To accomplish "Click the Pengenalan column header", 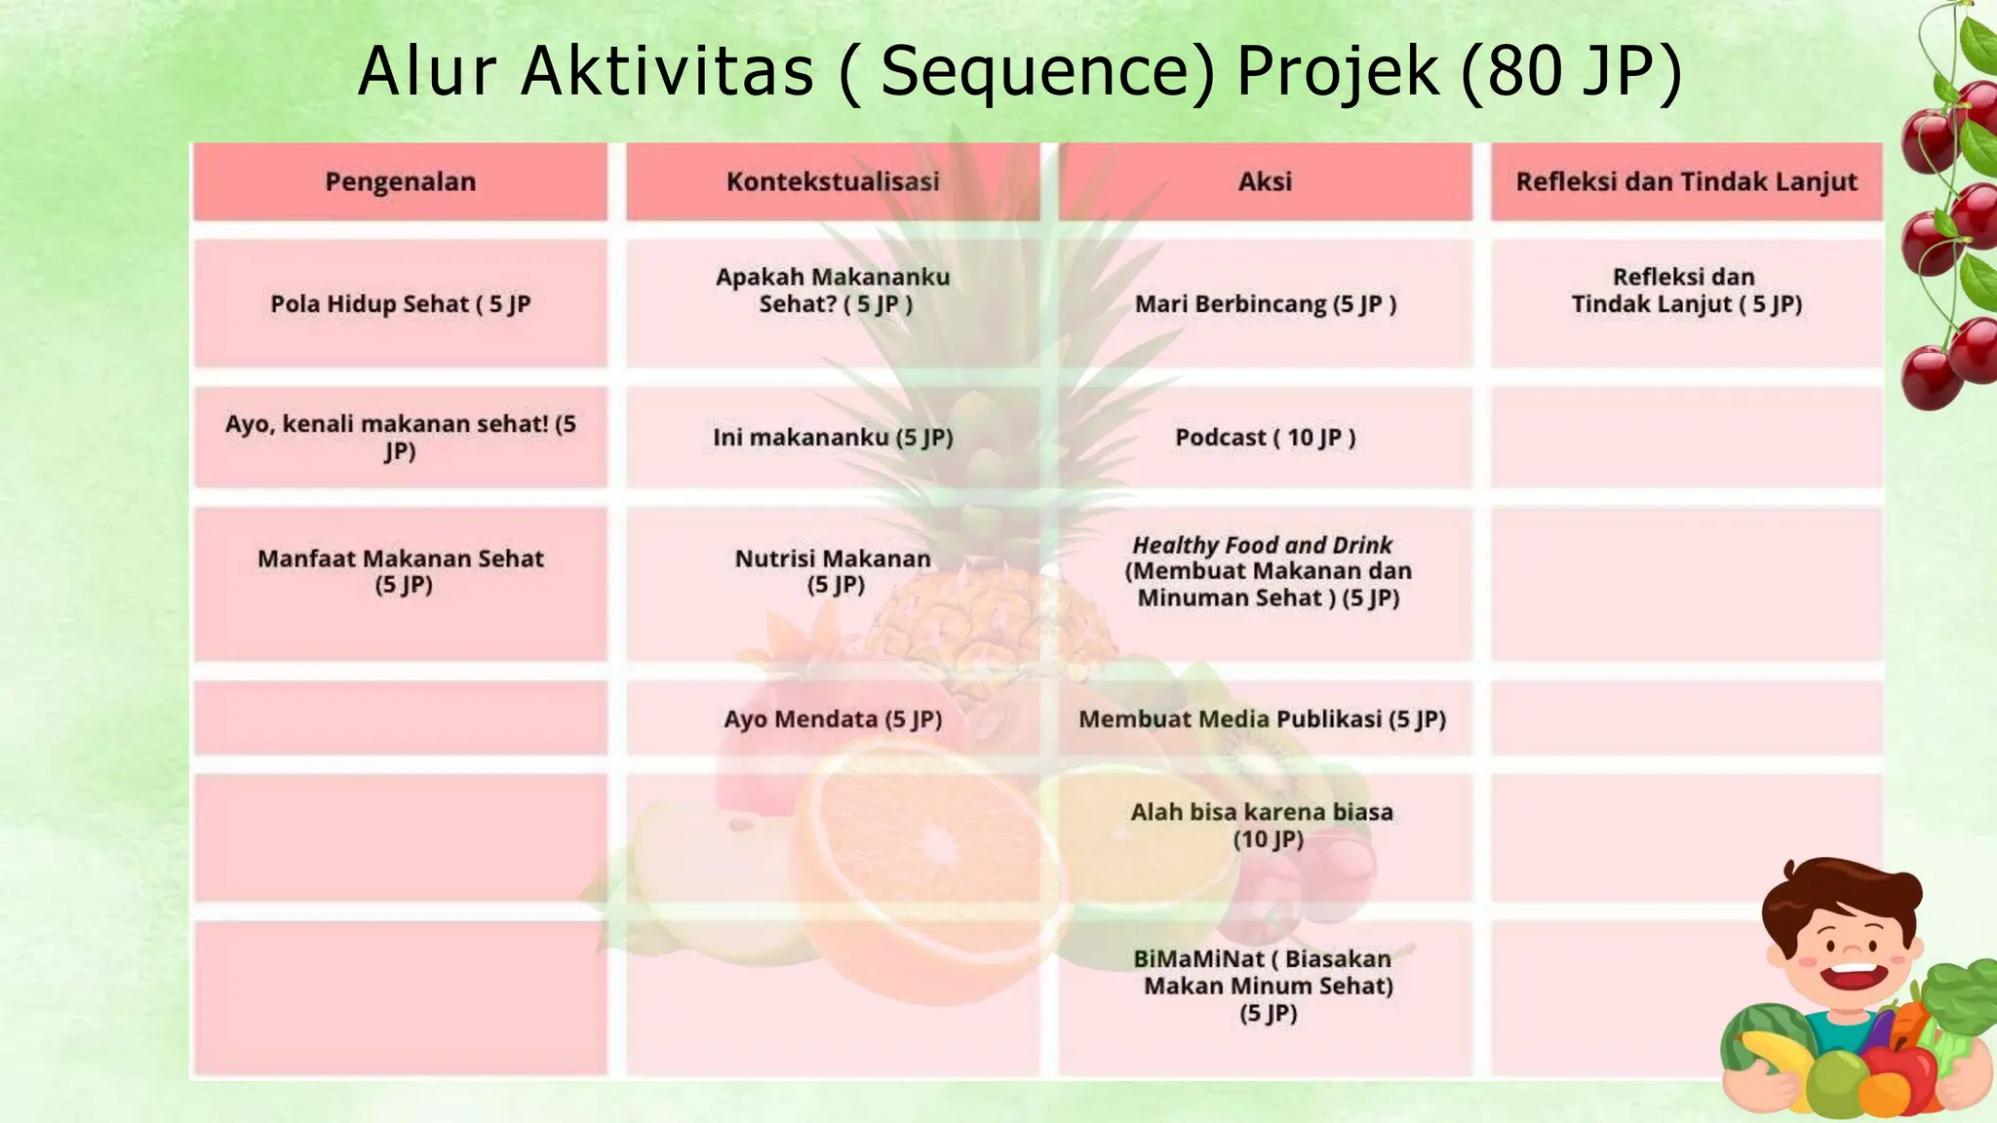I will (400, 181).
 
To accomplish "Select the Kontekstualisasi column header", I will (833, 181).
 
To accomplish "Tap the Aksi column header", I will (1265, 181).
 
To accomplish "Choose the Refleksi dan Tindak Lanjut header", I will (1686, 181).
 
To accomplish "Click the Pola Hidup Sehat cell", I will (400, 304).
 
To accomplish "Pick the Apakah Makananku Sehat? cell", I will (833, 290).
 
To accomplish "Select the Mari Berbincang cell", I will (1265, 304).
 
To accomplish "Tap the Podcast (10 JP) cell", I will (1265, 438).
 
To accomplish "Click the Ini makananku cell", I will (833, 438).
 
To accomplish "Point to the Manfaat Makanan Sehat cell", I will (400, 571).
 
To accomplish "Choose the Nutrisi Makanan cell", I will (833, 571).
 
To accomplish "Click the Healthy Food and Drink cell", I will (1265, 571).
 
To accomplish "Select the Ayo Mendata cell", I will (833, 719).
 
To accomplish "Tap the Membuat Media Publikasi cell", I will (1262, 719).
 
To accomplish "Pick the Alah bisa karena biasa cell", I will (1262, 826).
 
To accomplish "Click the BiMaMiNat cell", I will (1265, 986).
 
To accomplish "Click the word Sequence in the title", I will (1047, 72).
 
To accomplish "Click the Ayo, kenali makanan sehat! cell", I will (400, 438).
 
